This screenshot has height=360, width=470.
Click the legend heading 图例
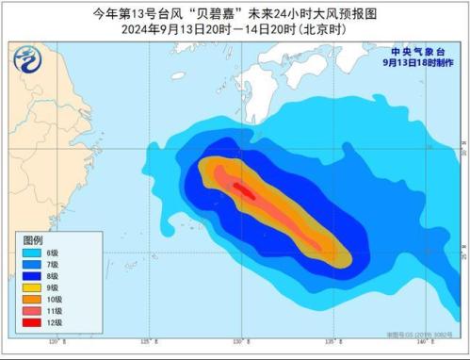click(x=31, y=240)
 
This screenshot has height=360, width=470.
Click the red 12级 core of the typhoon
click(x=243, y=189)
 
